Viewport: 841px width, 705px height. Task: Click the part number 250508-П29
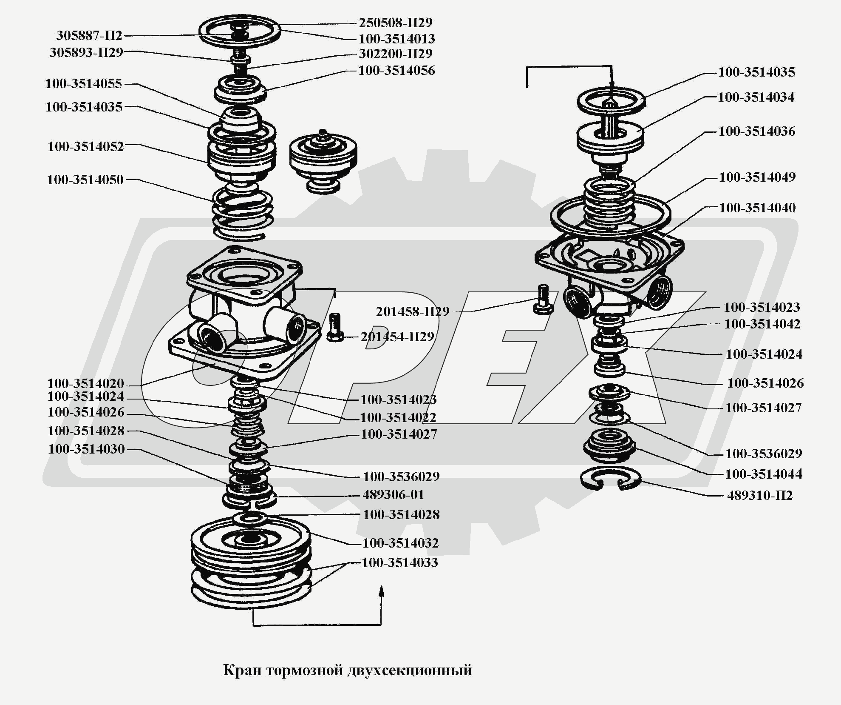tap(395, 23)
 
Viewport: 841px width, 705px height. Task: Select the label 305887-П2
tap(89, 35)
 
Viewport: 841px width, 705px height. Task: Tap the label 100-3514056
tap(396, 70)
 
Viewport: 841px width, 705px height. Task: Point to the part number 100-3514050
tap(85, 180)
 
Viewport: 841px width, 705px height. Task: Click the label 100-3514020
tap(85, 383)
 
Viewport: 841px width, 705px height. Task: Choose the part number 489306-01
tap(393, 494)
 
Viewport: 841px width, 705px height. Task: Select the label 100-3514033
tap(399, 562)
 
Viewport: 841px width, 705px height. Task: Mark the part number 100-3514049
tap(757, 177)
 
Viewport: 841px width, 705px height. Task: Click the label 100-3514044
tap(764, 474)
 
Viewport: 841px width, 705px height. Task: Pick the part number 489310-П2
tap(760, 495)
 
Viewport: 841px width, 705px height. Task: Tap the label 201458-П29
tap(413, 311)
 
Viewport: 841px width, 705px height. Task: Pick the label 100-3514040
tap(757, 208)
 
